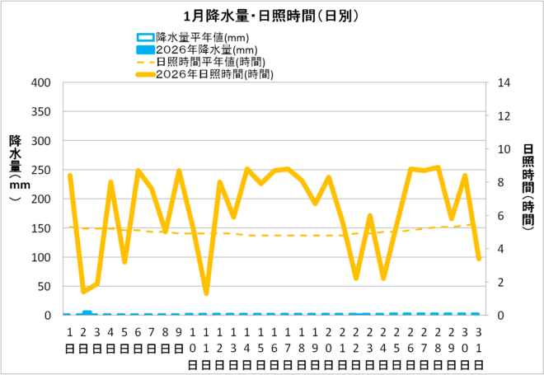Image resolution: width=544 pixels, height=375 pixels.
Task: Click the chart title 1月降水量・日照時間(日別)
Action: point(271,16)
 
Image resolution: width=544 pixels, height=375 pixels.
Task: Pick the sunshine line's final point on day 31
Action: point(478,258)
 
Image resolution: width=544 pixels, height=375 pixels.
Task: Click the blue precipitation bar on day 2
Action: point(87,313)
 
